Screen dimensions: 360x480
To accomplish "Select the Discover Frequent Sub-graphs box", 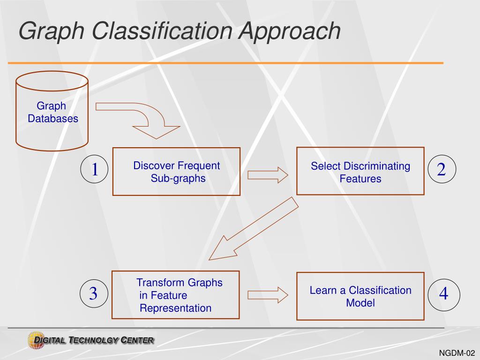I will (x=176, y=172).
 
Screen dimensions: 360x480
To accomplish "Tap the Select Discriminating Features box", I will (x=360, y=172).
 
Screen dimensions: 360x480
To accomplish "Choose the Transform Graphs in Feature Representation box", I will (x=175, y=295).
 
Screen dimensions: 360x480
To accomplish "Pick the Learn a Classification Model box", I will (x=360, y=296).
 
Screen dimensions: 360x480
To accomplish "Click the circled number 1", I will (x=94, y=170).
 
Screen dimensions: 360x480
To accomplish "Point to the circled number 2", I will (x=441, y=170).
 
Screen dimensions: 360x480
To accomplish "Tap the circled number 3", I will (x=93, y=294).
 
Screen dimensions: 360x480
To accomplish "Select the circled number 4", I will (x=443, y=294).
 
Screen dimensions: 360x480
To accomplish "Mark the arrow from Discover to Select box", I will (x=267, y=174).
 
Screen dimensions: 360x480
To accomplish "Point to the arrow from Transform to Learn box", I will (x=267, y=294).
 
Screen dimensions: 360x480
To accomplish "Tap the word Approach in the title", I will (x=291, y=31).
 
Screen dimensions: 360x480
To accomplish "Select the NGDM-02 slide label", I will (x=457, y=353).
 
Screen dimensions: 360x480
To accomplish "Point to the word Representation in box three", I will (x=176, y=308).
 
